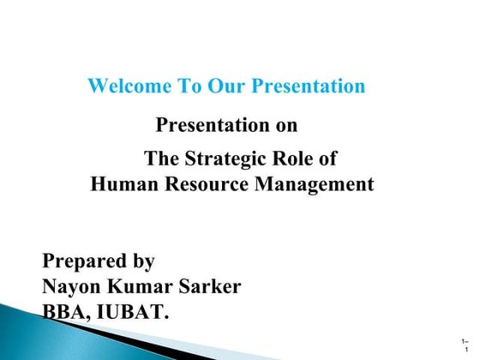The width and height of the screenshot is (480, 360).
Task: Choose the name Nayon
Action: pyautogui.click(x=71, y=286)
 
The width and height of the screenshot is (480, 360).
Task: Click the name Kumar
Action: pyautogui.click(x=137, y=286)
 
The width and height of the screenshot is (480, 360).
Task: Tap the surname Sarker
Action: pyautogui.click(x=209, y=286)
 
